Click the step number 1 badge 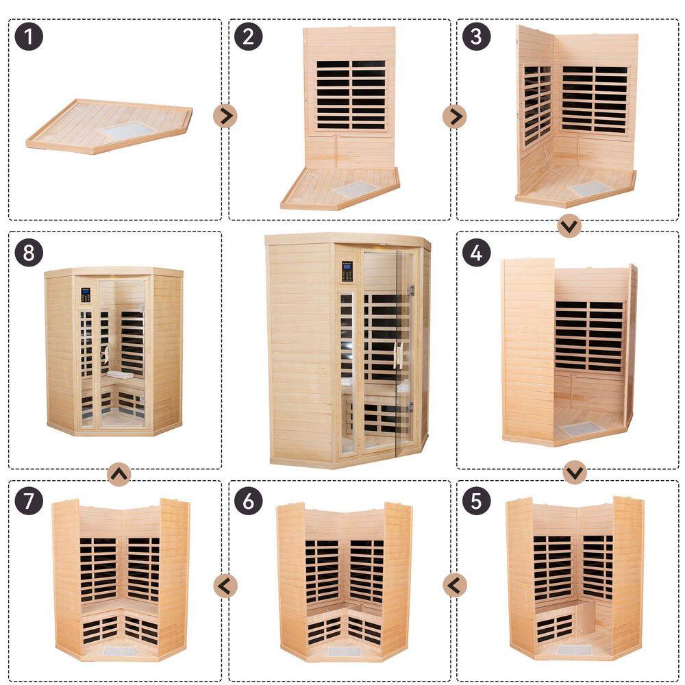click(29, 36)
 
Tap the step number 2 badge click(248, 36)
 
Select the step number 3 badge click(476, 36)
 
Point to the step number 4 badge click(476, 253)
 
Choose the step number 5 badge click(476, 501)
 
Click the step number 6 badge click(248, 501)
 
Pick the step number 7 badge click(29, 501)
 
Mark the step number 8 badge click(29, 253)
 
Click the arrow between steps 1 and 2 click(225, 116)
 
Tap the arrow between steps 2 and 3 click(455, 116)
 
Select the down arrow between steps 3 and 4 click(569, 226)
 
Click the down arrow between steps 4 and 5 click(575, 472)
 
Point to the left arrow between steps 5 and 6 click(455, 585)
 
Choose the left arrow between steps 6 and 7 click(225, 586)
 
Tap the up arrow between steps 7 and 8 click(119, 474)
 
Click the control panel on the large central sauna click(347, 271)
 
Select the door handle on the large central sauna click(398, 355)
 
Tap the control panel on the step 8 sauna click(86, 295)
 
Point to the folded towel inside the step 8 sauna click(120, 375)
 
